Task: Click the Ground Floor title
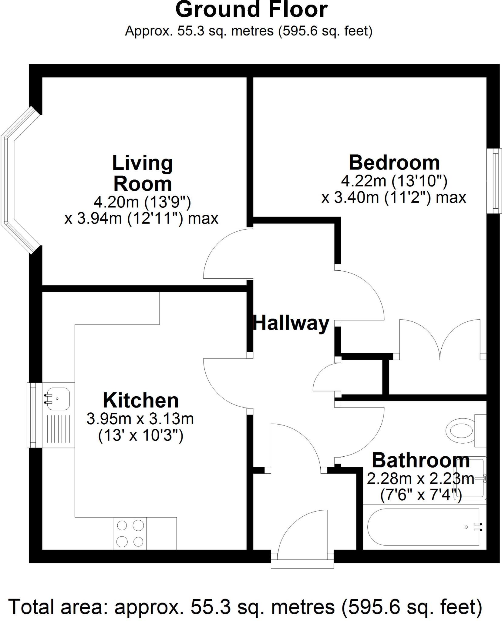[251, 10]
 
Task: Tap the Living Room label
[142, 173]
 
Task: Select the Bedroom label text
[394, 163]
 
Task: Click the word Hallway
[291, 323]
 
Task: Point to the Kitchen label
[141, 401]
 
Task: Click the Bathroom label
[420, 461]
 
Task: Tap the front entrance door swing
[303, 534]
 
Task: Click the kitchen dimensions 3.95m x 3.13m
[140, 419]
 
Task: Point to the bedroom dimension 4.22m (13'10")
[394, 181]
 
